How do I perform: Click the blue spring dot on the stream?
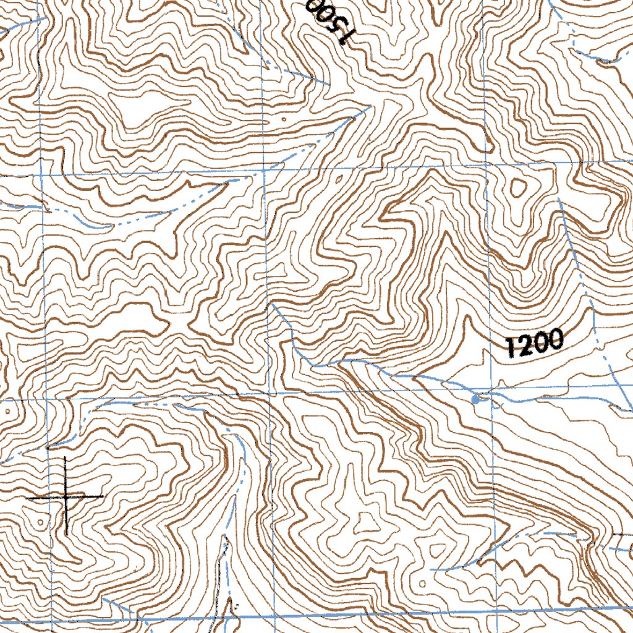tap(475, 401)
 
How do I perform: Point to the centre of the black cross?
tap(66, 496)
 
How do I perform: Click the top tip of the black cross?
tap(66, 458)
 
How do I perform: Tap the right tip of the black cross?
tap(102, 496)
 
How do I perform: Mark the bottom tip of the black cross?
tap(66, 535)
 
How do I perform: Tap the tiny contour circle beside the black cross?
tap(41, 522)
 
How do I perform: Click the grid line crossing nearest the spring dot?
tap(491, 390)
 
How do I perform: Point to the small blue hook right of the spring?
tap(616, 407)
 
